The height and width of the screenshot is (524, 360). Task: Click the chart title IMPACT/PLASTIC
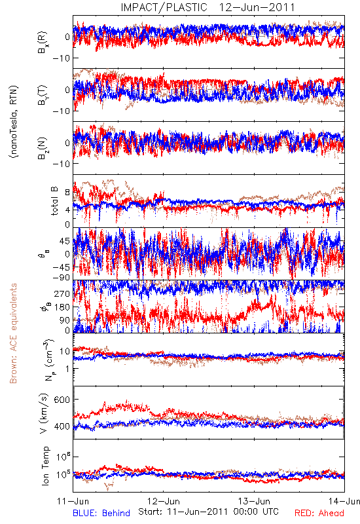[164, 7]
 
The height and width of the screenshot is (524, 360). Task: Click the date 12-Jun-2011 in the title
[257, 7]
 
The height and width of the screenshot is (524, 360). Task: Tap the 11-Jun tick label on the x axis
[73, 501]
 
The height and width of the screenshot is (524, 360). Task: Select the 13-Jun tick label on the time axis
[254, 501]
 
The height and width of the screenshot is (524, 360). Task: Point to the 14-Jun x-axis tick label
[344, 501]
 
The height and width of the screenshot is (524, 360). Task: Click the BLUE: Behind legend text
[101, 513]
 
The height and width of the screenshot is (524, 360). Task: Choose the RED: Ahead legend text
[319, 513]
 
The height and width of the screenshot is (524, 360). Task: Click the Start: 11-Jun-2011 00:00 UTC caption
[208, 512]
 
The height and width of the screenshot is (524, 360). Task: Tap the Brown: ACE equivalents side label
[13, 333]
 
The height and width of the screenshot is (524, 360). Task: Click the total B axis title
[54, 201]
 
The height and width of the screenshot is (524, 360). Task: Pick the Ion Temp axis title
[45, 466]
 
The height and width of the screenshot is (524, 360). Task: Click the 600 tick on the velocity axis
[62, 400]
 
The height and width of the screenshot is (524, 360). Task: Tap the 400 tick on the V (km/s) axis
[62, 426]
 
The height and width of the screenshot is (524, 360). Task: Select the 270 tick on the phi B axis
[62, 293]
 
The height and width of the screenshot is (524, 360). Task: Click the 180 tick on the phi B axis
[62, 307]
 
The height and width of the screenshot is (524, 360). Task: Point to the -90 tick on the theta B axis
[62, 277]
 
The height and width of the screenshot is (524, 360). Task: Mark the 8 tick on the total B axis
[67, 192]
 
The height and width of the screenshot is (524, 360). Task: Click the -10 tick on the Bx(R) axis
[62, 58]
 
